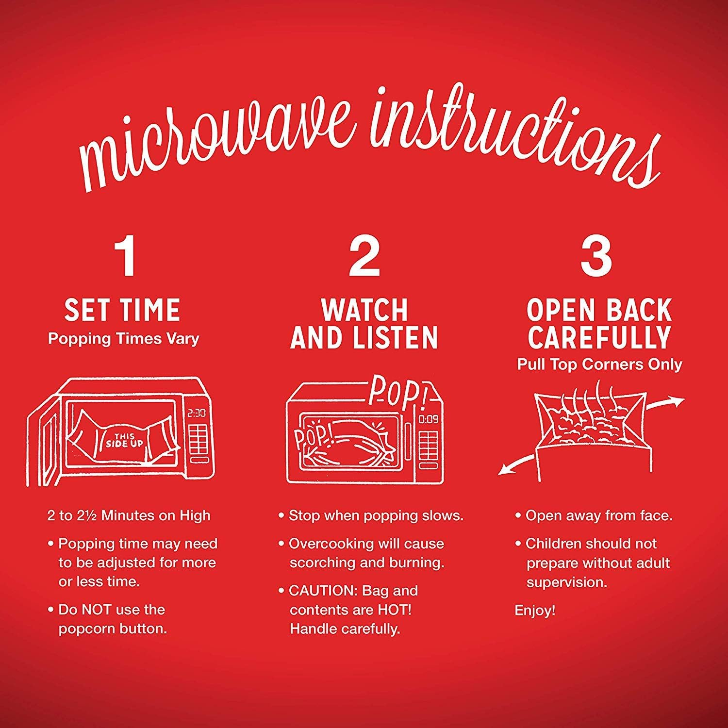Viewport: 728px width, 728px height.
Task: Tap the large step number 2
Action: point(364,257)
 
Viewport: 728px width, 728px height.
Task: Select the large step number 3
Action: point(596,257)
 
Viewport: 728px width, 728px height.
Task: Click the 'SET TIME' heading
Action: point(122,311)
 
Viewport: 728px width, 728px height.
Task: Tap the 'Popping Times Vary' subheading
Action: point(123,339)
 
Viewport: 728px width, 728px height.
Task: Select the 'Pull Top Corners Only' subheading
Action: point(599,364)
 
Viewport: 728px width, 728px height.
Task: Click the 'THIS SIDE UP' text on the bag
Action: point(124,440)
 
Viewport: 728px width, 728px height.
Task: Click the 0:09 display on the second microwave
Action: point(429,418)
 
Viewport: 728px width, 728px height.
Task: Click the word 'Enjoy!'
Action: point(535,611)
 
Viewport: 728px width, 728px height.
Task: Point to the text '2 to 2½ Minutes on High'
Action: point(129,515)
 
